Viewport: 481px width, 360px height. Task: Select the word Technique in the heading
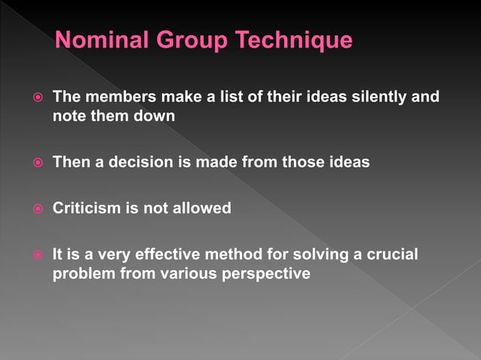click(296, 40)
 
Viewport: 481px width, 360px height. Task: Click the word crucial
click(392, 255)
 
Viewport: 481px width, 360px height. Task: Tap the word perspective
click(265, 273)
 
